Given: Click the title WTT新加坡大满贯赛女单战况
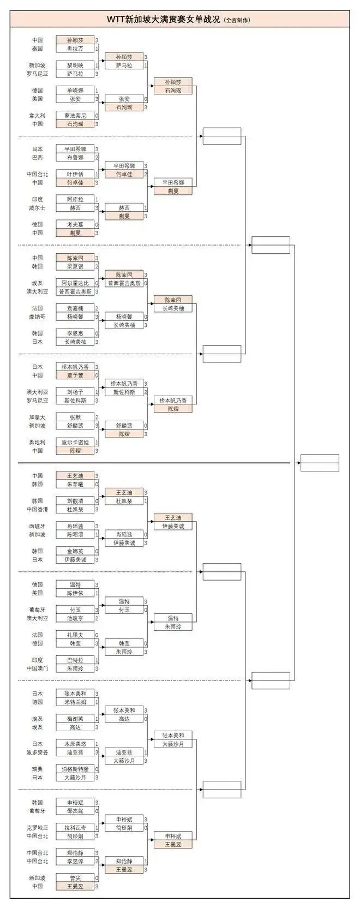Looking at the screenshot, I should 164,19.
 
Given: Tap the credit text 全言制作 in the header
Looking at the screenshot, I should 237,20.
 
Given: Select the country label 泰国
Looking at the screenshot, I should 37,49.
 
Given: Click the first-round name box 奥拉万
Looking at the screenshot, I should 75,49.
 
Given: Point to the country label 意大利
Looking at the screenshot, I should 37,116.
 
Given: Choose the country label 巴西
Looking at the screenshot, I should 37,157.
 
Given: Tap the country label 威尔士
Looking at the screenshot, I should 37,208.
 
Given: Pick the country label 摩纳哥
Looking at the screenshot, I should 37,316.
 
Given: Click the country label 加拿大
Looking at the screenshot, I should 37,417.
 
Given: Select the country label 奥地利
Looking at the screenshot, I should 37,443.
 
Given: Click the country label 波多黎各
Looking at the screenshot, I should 37,752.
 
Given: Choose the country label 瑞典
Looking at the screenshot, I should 37,769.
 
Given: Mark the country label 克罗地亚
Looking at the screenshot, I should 37,828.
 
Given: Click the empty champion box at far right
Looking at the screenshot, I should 320,463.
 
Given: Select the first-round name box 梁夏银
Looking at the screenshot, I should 75,266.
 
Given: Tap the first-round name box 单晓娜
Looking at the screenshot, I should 75,91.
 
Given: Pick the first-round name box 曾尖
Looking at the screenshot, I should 75,878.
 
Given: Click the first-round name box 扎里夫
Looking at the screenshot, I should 75,635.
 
